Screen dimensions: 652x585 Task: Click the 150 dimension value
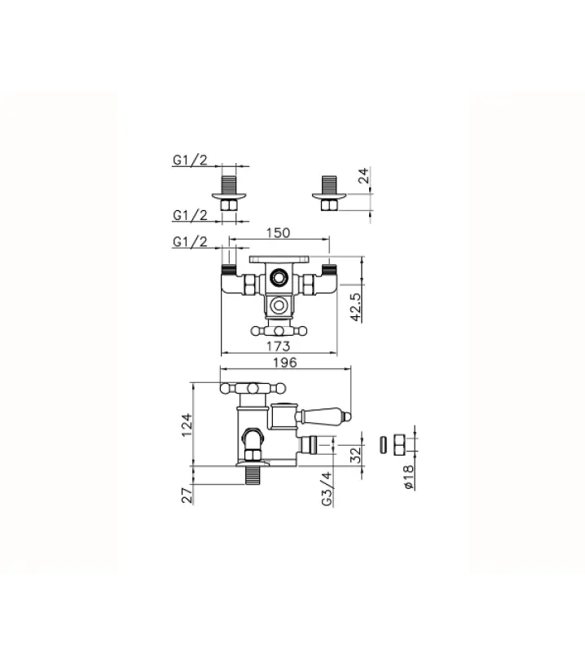(x=279, y=233)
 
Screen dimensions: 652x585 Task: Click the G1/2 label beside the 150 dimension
(x=190, y=242)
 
